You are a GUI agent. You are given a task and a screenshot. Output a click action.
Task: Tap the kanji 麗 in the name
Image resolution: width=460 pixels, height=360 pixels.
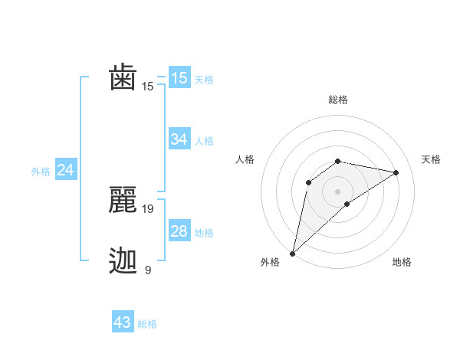123,200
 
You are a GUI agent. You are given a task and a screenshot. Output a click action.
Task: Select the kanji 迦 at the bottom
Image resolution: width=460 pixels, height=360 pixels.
123,261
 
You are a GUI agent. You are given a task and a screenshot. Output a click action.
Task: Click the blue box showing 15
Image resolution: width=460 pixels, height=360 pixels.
179,78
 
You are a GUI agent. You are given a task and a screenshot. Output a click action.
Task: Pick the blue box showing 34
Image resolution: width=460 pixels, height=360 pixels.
179,139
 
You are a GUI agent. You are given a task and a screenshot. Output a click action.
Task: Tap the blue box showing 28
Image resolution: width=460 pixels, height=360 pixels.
179,231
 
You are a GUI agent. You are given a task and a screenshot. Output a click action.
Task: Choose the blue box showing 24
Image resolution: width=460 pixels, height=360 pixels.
66,170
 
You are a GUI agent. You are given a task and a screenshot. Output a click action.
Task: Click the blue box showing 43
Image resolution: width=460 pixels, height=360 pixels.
123,322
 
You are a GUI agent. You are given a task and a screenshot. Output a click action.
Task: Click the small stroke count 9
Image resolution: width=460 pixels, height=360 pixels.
148,270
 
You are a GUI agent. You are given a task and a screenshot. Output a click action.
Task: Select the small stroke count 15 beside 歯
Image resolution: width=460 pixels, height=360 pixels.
148,87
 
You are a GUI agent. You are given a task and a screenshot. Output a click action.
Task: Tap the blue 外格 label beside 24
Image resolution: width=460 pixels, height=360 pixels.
41,172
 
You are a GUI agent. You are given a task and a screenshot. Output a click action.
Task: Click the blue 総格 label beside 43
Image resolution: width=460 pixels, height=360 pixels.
147,324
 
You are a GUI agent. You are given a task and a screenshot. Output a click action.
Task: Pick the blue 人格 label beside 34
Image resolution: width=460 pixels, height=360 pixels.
204,141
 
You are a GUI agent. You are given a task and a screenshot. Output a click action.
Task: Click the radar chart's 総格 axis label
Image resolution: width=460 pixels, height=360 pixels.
337,100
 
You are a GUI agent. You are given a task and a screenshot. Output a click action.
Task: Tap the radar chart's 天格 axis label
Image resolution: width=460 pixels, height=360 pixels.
432,159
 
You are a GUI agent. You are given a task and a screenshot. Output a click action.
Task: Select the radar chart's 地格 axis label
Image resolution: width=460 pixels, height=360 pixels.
402,263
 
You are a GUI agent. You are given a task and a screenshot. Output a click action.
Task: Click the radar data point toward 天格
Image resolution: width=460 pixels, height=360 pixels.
396,172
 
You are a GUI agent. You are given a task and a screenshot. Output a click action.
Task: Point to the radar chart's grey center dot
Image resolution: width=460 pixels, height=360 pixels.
337,191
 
